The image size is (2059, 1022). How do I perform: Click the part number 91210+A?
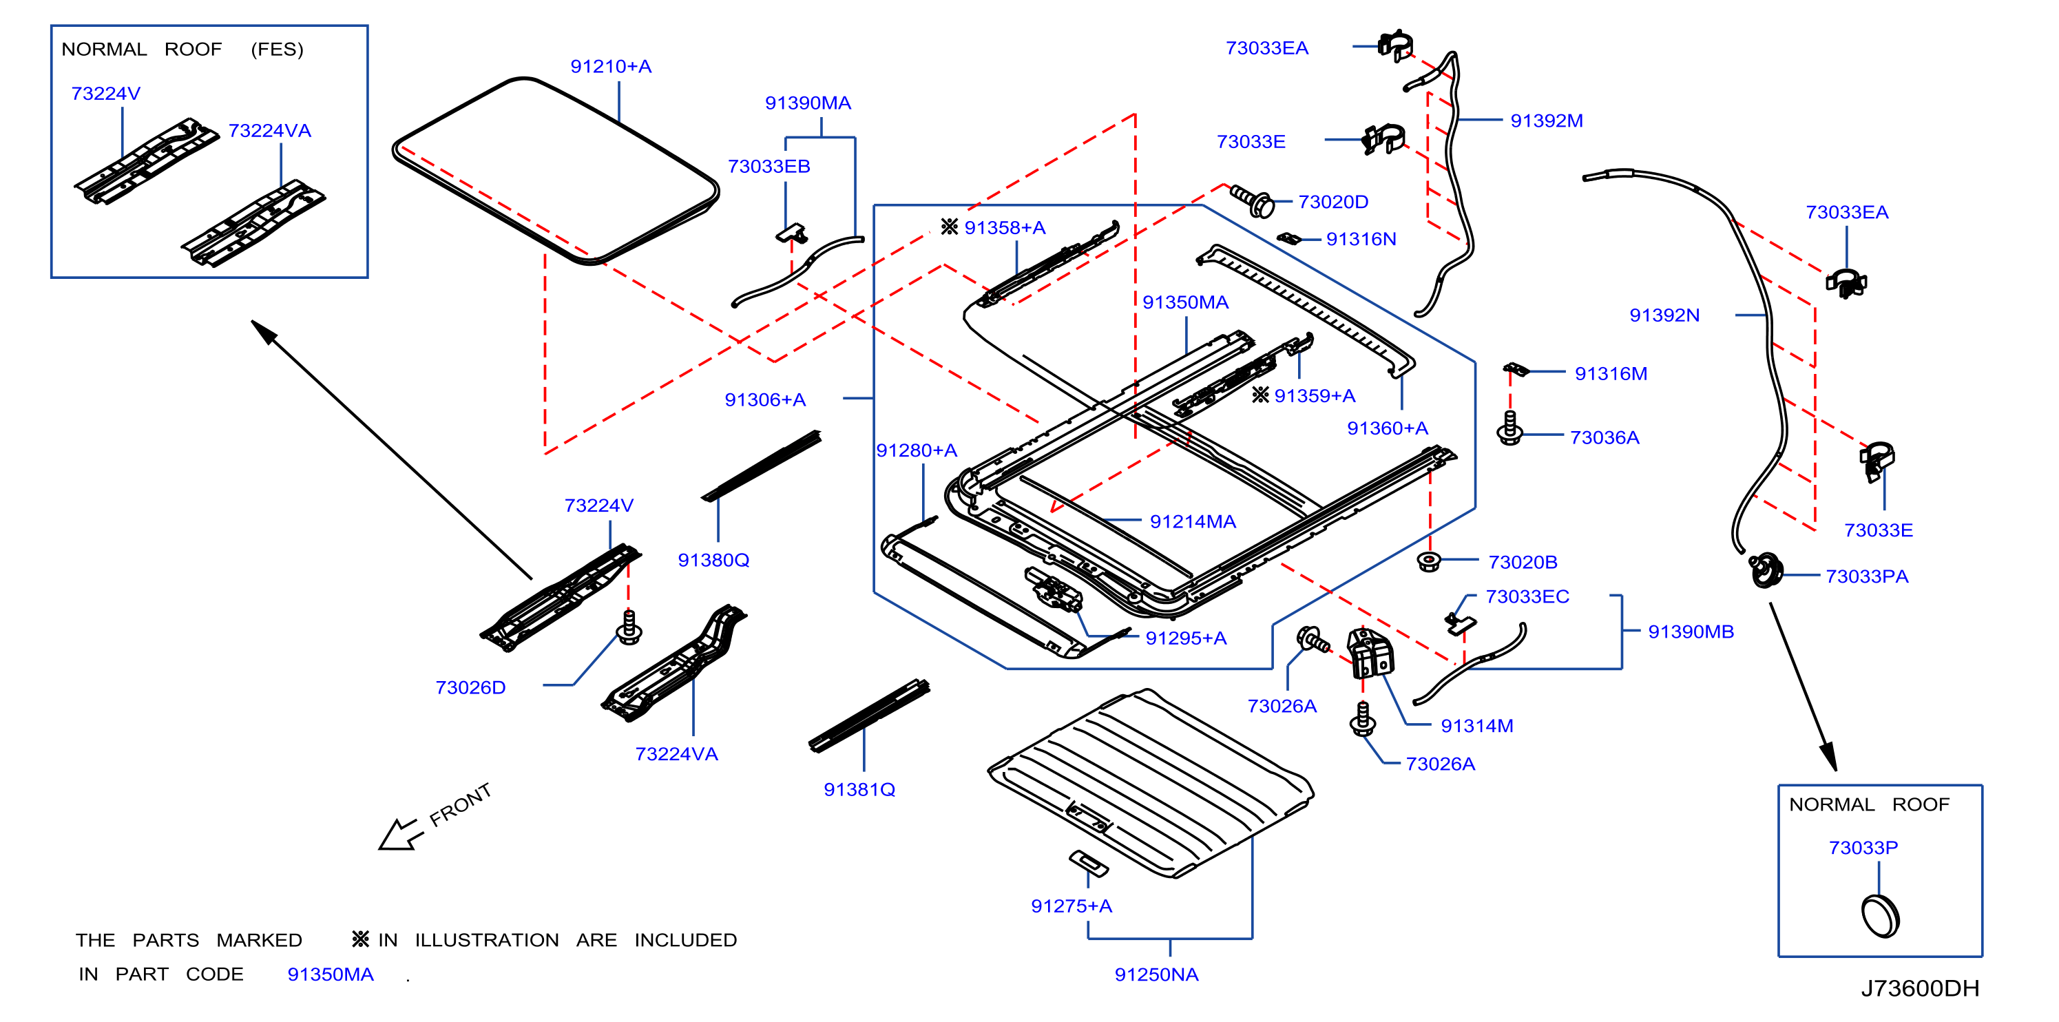(x=611, y=66)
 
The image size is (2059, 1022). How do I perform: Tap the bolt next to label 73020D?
(x=1252, y=200)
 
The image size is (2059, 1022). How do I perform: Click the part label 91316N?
(x=1361, y=239)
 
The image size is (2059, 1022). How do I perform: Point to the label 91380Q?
(x=713, y=560)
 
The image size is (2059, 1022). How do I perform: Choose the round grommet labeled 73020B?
(x=1428, y=561)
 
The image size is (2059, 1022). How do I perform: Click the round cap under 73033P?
(x=1880, y=916)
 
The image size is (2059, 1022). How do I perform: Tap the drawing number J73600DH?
(x=1920, y=988)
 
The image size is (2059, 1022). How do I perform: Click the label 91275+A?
(x=1071, y=906)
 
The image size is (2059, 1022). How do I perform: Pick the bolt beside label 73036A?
(x=1509, y=428)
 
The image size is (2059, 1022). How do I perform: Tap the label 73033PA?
(x=1866, y=577)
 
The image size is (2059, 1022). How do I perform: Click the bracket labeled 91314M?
(x=1370, y=653)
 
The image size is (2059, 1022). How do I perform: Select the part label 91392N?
(x=1664, y=315)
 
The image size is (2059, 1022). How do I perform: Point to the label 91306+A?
(x=765, y=399)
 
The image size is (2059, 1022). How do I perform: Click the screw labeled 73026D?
(x=629, y=627)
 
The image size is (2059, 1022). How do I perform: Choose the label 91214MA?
(x=1193, y=522)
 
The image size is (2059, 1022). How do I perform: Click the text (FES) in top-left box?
(x=277, y=50)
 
